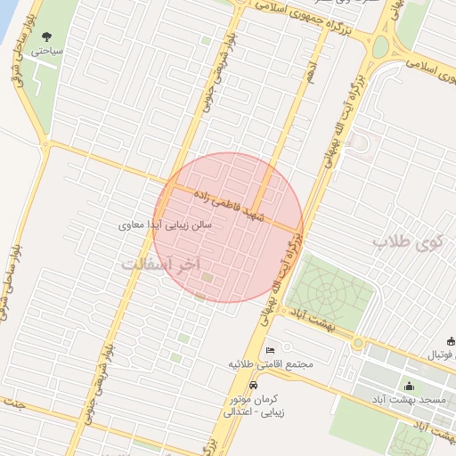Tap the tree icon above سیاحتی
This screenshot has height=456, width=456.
click(x=46, y=37)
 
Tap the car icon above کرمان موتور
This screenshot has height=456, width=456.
click(x=255, y=386)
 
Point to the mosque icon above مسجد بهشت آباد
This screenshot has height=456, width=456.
click(x=409, y=386)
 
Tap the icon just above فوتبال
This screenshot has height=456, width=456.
click(x=451, y=340)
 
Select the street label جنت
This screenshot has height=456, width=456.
click(x=13, y=403)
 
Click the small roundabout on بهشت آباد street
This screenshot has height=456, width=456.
click(x=358, y=344)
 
